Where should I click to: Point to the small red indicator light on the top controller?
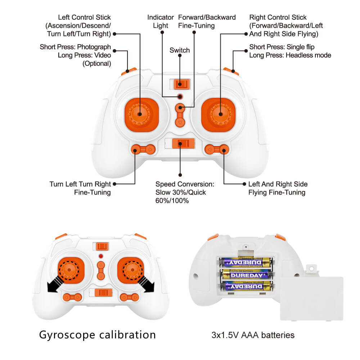tap(180, 97)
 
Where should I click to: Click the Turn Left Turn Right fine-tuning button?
tap(143, 148)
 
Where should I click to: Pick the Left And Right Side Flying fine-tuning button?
tap(217, 148)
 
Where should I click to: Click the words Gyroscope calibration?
tap(97, 334)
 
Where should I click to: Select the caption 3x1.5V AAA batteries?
tap(253, 335)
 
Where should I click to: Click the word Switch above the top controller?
tap(179, 50)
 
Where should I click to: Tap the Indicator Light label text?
tap(161, 21)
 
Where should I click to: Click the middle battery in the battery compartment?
tap(247, 275)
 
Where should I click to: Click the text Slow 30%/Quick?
tap(180, 192)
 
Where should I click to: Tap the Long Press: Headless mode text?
tap(290, 55)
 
